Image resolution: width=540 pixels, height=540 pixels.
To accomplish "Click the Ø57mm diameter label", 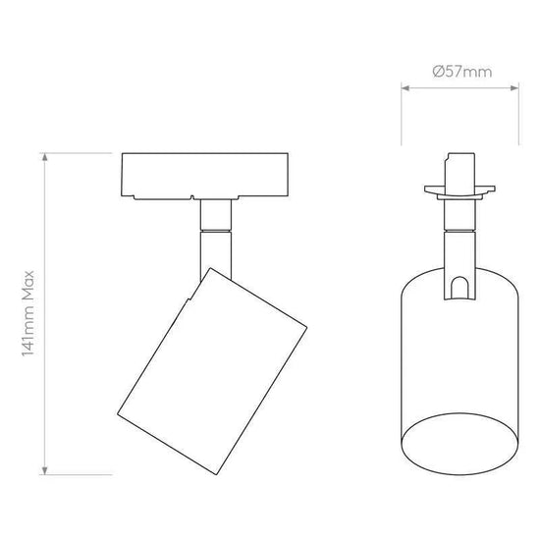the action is pyautogui.click(x=461, y=72).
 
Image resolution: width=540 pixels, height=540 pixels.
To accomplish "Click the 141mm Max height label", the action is pyautogui.click(x=28, y=313).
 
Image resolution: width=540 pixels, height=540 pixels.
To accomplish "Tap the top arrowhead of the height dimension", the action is pyautogui.click(x=44, y=157).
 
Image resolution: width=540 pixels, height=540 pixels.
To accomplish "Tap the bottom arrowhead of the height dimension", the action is pyautogui.click(x=44, y=470).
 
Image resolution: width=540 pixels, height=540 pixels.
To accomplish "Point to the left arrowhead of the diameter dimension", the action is pyautogui.click(x=405, y=88).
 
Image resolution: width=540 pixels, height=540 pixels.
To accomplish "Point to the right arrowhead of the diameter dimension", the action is pyautogui.click(x=514, y=88).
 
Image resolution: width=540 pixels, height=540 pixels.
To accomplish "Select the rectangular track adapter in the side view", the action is pyautogui.click(x=205, y=176).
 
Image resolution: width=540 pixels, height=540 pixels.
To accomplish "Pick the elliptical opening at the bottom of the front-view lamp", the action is pyautogui.click(x=460, y=444).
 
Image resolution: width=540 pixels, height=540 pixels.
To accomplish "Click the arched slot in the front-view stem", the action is pyautogui.click(x=459, y=287).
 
